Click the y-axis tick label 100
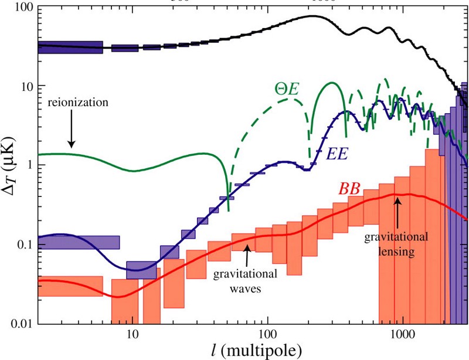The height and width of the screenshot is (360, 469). [x=22, y=8]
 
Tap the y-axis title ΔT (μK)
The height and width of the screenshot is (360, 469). [x=10, y=165]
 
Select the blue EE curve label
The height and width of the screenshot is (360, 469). [x=338, y=154]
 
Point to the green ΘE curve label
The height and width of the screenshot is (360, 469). [x=288, y=89]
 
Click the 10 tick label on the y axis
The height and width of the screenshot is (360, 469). [x=26, y=87]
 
